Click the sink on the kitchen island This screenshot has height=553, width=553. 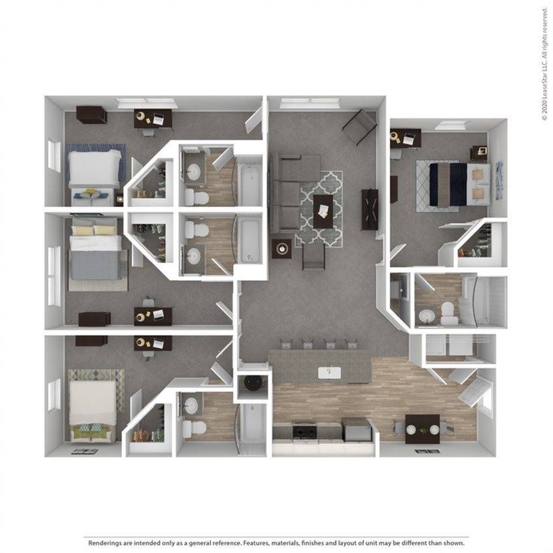pyautogui.click(x=330, y=372)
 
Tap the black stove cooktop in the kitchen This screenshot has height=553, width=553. pyautogui.click(x=304, y=431)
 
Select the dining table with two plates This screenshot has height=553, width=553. pyautogui.click(x=422, y=428)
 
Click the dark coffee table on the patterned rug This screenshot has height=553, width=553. pyautogui.click(x=323, y=210)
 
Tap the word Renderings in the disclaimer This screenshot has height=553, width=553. pyautogui.click(x=106, y=543)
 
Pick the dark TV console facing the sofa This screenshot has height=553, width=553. pyautogui.click(x=370, y=208)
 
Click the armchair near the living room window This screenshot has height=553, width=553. pyautogui.click(x=360, y=127)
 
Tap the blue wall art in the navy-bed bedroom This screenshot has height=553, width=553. pyautogui.click(x=499, y=180)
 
